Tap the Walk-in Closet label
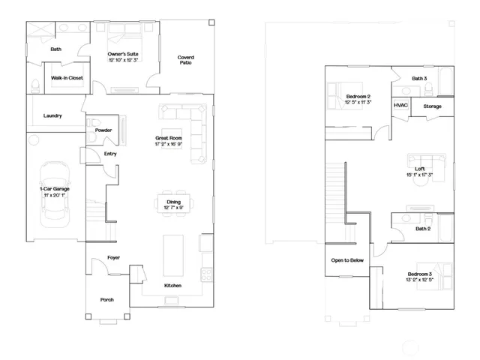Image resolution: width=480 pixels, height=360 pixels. point(67,77)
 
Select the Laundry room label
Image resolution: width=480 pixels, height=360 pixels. point(52,115)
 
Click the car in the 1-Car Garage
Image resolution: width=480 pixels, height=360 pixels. point(55,190)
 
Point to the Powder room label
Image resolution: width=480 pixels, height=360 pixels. point(104,130)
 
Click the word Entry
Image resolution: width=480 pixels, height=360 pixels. point(110,154)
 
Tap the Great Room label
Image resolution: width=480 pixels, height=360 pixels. point(168,138)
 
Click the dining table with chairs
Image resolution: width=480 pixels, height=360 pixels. point(172,202)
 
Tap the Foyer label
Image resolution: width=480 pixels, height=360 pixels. point(113,257)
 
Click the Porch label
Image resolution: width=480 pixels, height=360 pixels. point(107,299)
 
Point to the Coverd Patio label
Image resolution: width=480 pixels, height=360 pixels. point(185,60)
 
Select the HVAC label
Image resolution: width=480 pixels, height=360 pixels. point(400,105)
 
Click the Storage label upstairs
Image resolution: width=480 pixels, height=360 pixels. point(432,106)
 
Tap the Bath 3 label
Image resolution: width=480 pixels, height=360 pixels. point(419,78)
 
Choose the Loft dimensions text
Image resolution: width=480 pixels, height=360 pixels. point(420,175)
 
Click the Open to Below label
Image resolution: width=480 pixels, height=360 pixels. point(347,260)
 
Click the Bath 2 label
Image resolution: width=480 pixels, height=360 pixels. point(422,229)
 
